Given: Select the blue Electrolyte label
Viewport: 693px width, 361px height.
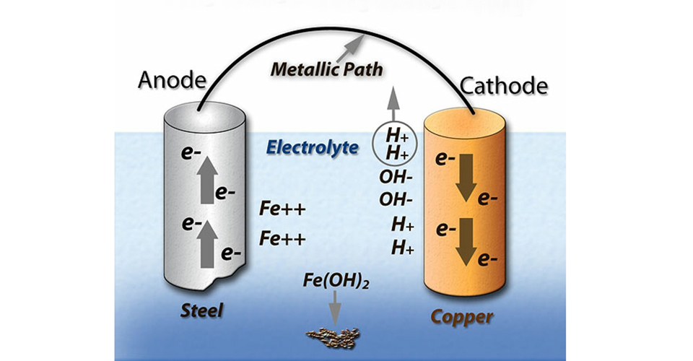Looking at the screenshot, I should pyautogui.click(x=312, y=147).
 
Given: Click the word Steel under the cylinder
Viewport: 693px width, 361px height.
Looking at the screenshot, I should pyautogui.click(x=203, y=312).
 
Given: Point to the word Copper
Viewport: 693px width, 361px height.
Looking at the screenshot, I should pyautogui.click(x=462, y=316).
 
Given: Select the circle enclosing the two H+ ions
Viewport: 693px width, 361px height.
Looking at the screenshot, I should pyautogui.click(x=394, y=142).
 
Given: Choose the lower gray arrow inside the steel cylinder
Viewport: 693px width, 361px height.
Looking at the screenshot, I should pyautogui.click(x=206, y=238).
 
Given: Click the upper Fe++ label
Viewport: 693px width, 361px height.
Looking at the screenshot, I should pyautogui.click(x=283, y=210).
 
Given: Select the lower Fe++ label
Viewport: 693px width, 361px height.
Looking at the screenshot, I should pyautogui.click(x=283, y=238).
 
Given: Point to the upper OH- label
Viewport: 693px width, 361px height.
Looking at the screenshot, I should pyautogui.click(x=396, y=175).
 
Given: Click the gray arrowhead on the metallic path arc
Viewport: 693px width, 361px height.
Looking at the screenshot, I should pyautogui.click(x=351, y=45).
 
